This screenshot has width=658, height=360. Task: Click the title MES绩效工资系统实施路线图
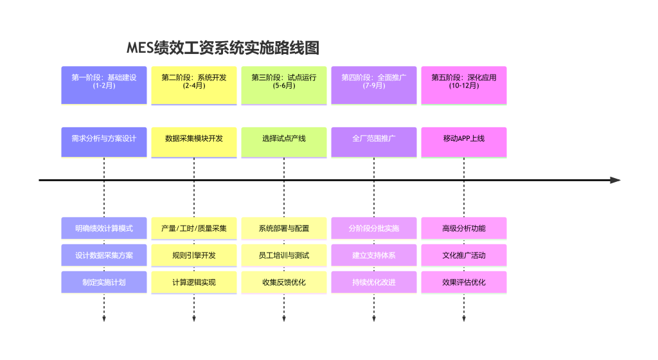pos(223,48)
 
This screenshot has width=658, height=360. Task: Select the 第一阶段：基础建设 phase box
pos(104,85)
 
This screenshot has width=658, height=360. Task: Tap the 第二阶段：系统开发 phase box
pos(194,85)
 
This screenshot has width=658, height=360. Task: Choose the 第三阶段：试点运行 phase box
pos(284,85)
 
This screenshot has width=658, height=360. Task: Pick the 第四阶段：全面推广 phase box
pos(374,85)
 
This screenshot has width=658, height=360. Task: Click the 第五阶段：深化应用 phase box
pos(464,85)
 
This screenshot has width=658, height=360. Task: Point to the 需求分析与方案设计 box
pos(104,141)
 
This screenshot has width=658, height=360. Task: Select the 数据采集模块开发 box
pos(194,141)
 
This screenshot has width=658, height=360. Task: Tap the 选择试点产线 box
pos(284,141)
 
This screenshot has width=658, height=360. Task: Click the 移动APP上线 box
pos(464,141)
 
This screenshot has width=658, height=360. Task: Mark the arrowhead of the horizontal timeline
pos(616,180)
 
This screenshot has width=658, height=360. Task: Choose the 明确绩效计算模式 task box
pos(104,228)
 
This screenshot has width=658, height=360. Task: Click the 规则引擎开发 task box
pos(194,255)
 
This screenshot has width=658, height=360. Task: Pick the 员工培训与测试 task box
pos(284,255)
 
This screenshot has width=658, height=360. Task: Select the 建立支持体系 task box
pos(374,255)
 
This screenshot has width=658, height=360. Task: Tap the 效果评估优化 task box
pos(464,282)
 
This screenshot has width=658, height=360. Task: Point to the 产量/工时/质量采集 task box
pos(194,228)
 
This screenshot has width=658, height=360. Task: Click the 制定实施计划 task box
pos(104,282)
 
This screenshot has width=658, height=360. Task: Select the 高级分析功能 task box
pos(464,228)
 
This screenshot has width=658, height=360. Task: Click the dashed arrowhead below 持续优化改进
pos(374,319)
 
